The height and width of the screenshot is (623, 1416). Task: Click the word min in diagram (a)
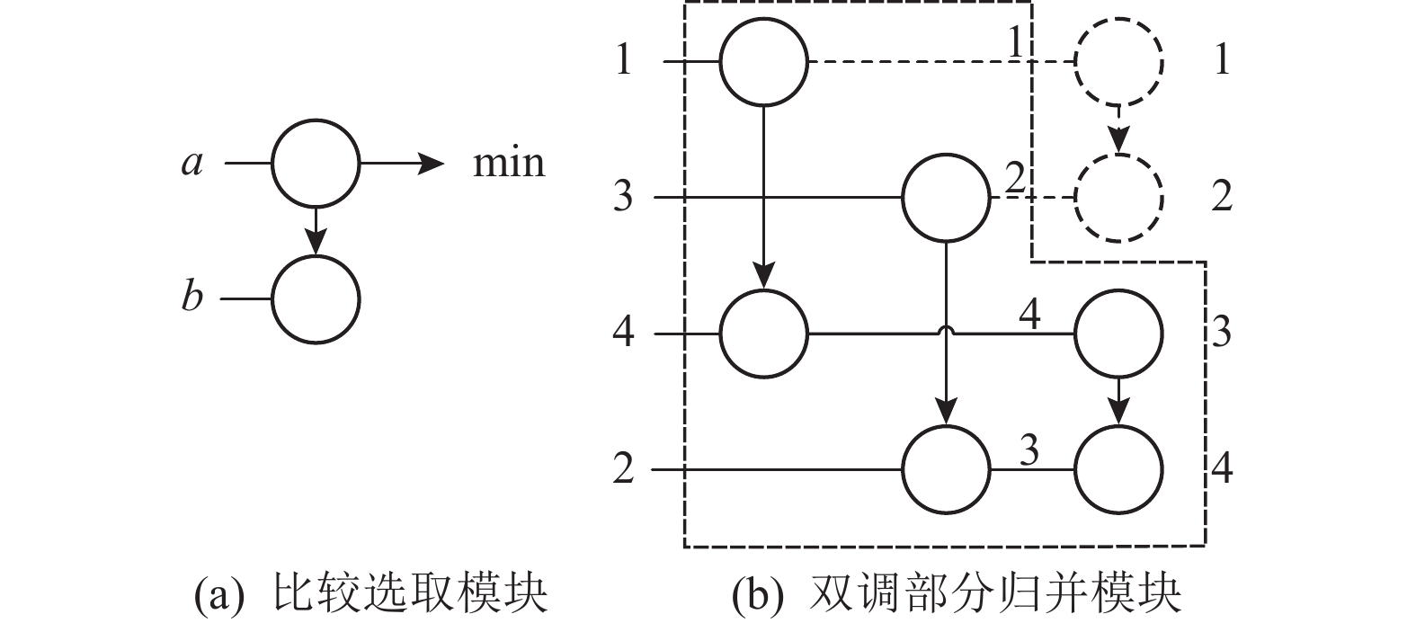[509, 164]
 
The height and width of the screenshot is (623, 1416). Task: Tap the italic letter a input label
[191, 164]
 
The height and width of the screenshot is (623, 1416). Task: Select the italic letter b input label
[191, 296]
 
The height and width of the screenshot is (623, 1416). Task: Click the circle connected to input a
[316, 164]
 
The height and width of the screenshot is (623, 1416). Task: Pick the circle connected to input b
[316, 298]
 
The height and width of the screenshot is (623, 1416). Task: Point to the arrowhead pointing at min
[432, 164]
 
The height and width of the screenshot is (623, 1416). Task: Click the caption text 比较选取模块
[410, 595]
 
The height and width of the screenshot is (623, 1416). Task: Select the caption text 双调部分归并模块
[995, 595]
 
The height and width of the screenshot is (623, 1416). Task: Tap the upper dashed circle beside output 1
[1118, 62]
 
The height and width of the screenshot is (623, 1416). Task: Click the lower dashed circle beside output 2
[1118, 197]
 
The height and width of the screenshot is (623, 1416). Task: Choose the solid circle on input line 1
[763, 62]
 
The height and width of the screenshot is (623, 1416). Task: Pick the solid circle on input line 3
[946, 197]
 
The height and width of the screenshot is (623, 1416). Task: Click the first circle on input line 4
[763, 334]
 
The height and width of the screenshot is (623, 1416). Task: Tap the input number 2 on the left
[623, 469]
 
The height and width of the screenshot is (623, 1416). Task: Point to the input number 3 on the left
[623, 197]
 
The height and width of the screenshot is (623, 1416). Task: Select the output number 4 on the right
[1221, 468]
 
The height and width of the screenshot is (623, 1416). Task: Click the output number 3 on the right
[1221, 334]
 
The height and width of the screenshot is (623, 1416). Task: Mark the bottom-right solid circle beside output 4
[1118, 469]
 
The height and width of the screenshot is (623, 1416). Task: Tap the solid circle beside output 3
[1118, 334]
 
